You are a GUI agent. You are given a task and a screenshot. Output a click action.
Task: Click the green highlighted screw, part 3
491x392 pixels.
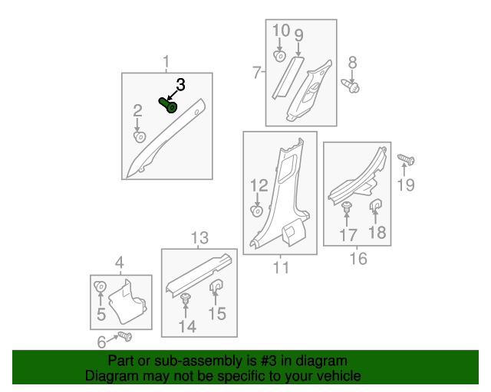point(168,105)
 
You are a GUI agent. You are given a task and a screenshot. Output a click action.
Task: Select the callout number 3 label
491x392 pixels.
point(181,84)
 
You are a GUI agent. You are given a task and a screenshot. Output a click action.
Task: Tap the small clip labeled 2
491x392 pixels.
point(139,136)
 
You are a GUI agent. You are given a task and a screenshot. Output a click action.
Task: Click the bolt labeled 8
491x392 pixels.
point(354,87)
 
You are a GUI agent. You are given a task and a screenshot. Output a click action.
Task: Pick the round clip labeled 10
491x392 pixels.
point(281,56)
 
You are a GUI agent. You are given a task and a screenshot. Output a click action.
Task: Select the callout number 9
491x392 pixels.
point(298,34)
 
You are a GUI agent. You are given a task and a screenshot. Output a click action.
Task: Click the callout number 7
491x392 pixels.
point(256,73)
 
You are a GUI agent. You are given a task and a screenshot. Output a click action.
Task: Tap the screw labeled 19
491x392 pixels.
point(407,160)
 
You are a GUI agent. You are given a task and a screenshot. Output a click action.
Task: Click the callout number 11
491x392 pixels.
point(281,267)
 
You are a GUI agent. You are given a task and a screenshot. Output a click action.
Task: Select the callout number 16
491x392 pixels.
point(358,259)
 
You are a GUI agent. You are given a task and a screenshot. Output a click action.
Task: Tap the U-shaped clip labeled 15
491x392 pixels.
point(216,287)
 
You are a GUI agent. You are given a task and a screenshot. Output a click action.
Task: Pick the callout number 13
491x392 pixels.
point(199,237)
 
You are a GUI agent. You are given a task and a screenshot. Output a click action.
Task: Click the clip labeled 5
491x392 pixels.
point(100,288)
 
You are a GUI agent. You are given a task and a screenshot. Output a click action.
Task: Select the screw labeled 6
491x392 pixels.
point(124,336)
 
